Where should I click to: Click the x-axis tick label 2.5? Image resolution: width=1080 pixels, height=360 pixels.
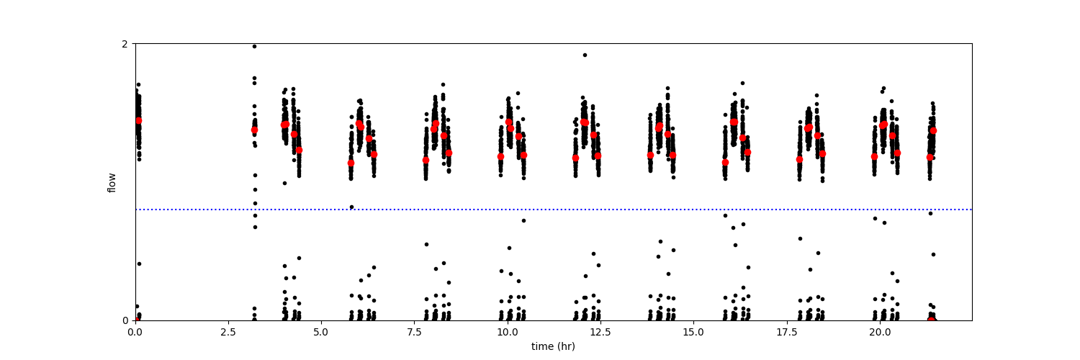[x=228, y=333]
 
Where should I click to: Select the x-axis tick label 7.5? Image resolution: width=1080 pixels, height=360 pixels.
[x=414, y=333]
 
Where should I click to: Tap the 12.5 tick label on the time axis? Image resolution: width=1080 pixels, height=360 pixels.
[x=600, y=333]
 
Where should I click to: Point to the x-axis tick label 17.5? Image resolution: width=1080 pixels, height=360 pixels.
[x=786, y=333]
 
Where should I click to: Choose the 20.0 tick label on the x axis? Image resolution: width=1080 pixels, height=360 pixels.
[x=879, y=333]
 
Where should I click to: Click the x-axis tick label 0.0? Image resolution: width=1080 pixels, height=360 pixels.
[x=135, y=333]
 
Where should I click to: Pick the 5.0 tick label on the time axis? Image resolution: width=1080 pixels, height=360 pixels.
[x=321, y=333]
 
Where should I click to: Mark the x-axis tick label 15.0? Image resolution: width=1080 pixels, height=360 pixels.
[x=693, y=333]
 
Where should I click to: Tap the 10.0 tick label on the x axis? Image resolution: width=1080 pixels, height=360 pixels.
[x=507, y=333]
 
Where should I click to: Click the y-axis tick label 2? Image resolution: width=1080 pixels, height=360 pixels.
[x=125, y=44]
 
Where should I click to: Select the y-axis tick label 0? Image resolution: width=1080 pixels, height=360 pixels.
[x=125, y=321]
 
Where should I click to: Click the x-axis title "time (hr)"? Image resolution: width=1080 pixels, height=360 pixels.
[x=553, y=346]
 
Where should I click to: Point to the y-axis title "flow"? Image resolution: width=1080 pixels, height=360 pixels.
[x=112, y=182]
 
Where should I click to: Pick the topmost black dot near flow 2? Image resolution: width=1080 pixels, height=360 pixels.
[x=254, y=46]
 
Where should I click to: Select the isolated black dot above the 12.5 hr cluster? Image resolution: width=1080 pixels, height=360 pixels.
[x=585, y=55]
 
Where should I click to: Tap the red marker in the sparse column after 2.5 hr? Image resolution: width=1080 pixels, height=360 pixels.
[x=254, y=130]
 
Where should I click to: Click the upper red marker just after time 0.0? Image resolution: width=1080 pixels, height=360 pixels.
[x=138, y=120]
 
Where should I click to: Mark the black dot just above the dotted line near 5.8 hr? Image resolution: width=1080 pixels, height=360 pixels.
[x=351, y=207]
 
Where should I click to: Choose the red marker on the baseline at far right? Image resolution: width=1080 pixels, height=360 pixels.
[x=932, y=319]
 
